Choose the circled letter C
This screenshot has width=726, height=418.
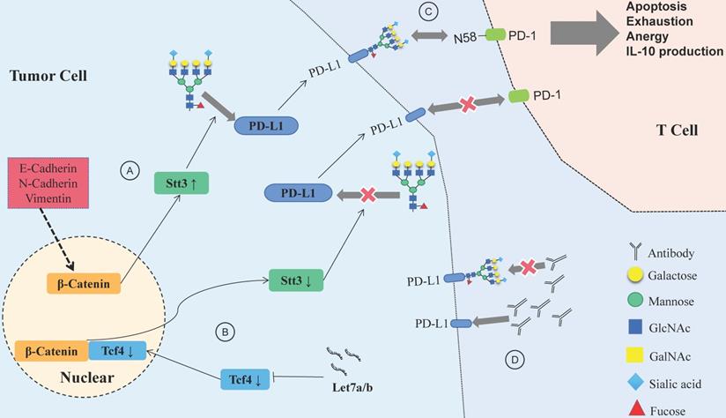click(x=404, y=13)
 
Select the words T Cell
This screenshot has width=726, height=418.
click(x=677, y=130)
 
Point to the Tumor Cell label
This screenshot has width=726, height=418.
click(x=45, y=77)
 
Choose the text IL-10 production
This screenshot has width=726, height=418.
click(x=675, y=51)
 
